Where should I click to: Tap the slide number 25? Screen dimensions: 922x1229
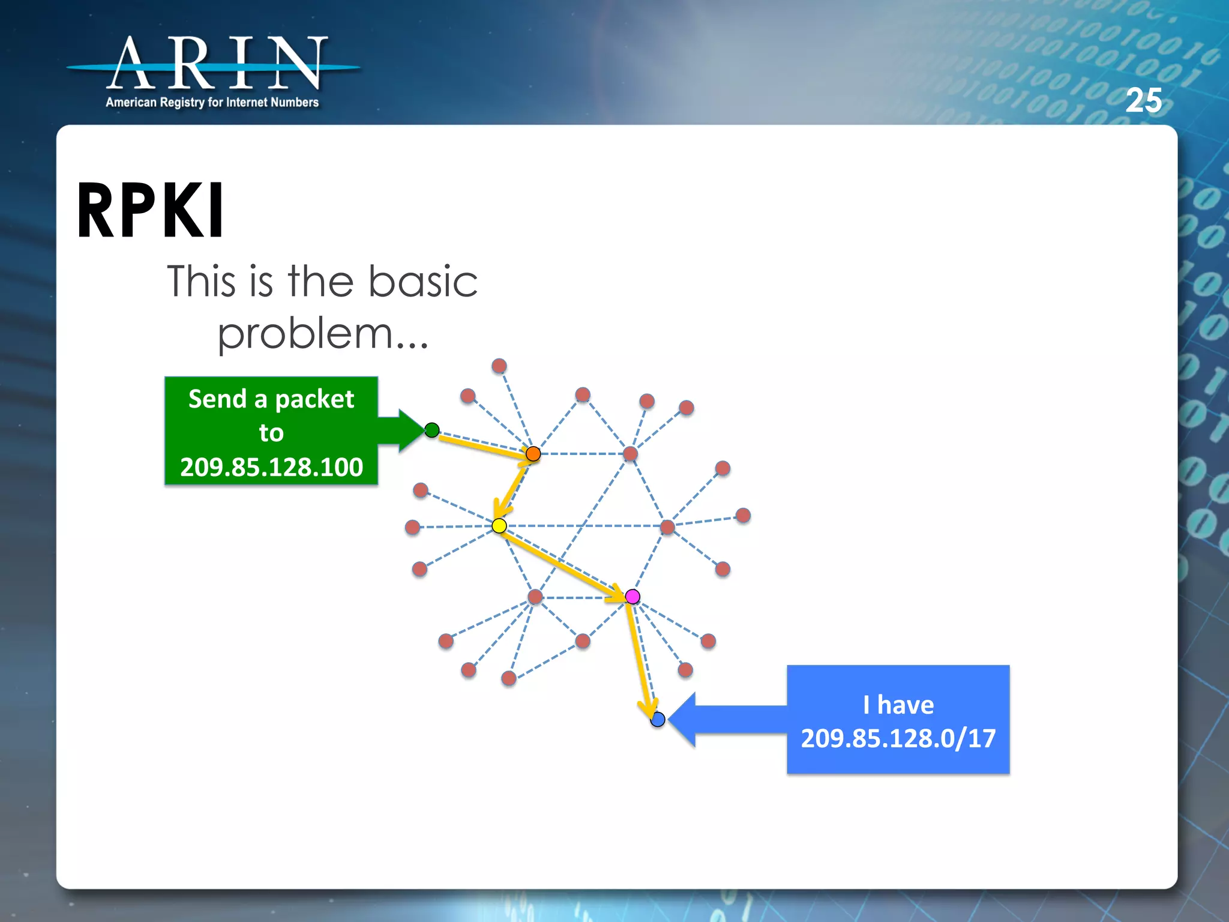point(1143,100)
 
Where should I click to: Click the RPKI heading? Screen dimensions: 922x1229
point(151,211)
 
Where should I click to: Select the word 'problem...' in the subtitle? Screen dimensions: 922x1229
point(322,334)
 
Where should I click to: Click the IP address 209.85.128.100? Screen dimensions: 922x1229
point(271,467)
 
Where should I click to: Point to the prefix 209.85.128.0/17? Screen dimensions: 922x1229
point(898,738)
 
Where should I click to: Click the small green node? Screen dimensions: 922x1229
point(431,430)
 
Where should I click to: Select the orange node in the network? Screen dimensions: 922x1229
point(533,454)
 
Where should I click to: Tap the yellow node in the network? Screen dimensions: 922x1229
point(499,526)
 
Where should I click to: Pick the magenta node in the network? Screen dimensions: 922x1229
point(633,596)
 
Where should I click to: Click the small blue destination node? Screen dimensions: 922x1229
point(658,719)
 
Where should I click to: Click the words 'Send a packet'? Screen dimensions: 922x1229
point(271,399)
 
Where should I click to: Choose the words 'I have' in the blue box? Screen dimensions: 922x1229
point(898,705)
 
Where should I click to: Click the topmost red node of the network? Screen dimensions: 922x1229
point(499,366)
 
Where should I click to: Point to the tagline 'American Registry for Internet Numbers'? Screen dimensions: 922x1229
point(212,103)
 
